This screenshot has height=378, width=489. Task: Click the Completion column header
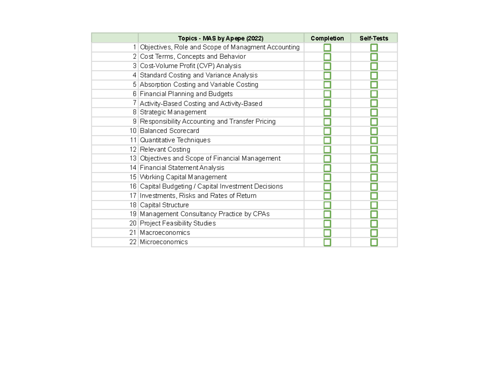tap(327, 38)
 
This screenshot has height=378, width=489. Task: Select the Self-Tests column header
tap(374, 38)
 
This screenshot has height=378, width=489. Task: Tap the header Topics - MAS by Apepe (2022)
tap(221, 38)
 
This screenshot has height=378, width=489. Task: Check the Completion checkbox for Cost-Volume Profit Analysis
tap(327, 66)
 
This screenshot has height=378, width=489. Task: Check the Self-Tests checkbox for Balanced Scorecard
tap(374, 131)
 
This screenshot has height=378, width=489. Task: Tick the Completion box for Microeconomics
tap(327, 242)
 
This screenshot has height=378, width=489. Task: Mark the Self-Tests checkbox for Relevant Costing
tap(374, 150)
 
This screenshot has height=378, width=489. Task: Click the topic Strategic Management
tap(173, 112)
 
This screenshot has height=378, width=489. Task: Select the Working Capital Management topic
tap(183, 177)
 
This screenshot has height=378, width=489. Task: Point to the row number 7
tap(135, 103)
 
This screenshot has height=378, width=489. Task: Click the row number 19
tap(133, 214)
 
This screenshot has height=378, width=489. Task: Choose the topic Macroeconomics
tap(165, 233)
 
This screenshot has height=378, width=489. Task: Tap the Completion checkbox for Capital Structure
tap(327, 205)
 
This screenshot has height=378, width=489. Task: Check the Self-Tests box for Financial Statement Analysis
tap(374, 168)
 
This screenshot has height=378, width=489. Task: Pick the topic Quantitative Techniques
tap(175, 140)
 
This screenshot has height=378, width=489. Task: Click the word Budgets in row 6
tap(220, 94)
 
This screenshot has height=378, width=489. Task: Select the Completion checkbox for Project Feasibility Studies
tap(327, 223)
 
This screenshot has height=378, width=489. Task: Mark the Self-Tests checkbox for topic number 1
tap(374, 48)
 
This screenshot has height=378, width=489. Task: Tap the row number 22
tap(133, 242)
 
